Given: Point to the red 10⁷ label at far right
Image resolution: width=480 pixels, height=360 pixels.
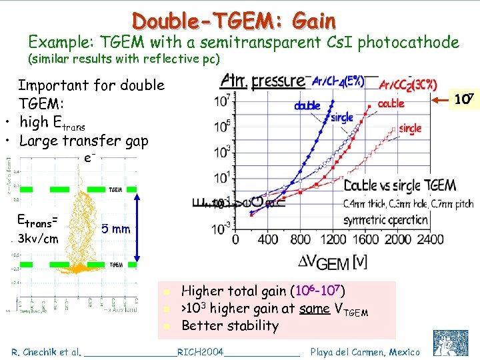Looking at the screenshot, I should pyautogui.click(x=464, y=100).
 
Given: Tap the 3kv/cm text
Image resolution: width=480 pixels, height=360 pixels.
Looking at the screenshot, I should pyautogui.click(x=39, y=239).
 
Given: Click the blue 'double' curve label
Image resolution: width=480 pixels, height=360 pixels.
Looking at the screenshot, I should pyautogui.click(x=307, y=105).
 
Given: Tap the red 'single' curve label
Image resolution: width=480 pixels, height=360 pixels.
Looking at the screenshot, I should pyautogui.click(x=411, y=129).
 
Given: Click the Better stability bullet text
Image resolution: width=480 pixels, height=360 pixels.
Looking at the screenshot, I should pyautogui.click(x=230, y=325).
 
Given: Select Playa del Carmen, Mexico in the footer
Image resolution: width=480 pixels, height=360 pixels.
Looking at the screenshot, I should pyautogui.click(x=365, y=351).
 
